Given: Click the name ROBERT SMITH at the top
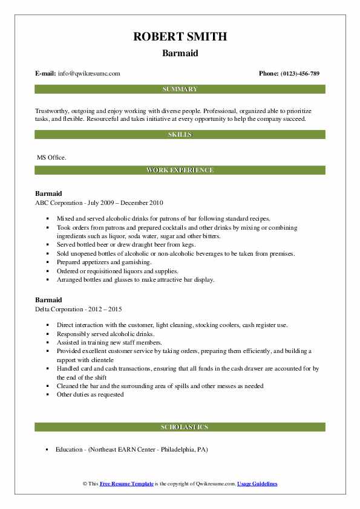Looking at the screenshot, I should (180, 37).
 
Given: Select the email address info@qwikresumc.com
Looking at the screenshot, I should (90, 74).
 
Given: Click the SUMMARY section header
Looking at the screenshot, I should (180, 89).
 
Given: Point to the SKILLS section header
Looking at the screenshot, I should (180, 134).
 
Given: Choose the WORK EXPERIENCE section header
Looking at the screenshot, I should (180, 170).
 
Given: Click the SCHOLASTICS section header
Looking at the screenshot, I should (180, 427).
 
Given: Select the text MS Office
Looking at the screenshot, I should (52, 157).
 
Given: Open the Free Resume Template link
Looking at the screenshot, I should (129, 484).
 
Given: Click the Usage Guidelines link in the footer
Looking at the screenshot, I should (257, 484).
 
